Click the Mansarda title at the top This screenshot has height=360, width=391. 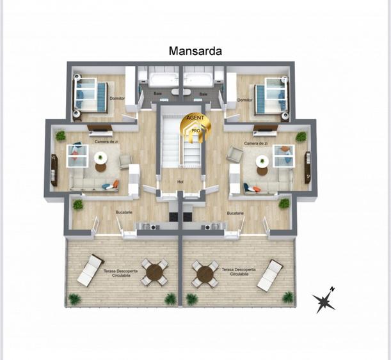click(x=195, y=51)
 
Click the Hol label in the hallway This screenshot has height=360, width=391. click(x=181, y=180)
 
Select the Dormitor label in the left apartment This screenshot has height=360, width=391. click(x=116, y=98)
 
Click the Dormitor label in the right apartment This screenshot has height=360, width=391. click(x=244, y=100)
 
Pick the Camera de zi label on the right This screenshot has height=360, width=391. click(x=255, y=143)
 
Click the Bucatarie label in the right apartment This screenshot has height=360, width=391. click(x=235, y=212)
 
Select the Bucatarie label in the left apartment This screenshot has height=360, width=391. click(x=124, y=211)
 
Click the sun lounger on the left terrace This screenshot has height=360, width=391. click(x=90, y=269)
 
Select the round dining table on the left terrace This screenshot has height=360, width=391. click(x=155, y=272)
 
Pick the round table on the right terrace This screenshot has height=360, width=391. click(x=204, y=274)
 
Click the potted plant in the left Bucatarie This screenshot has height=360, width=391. click(x=78, y=205)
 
